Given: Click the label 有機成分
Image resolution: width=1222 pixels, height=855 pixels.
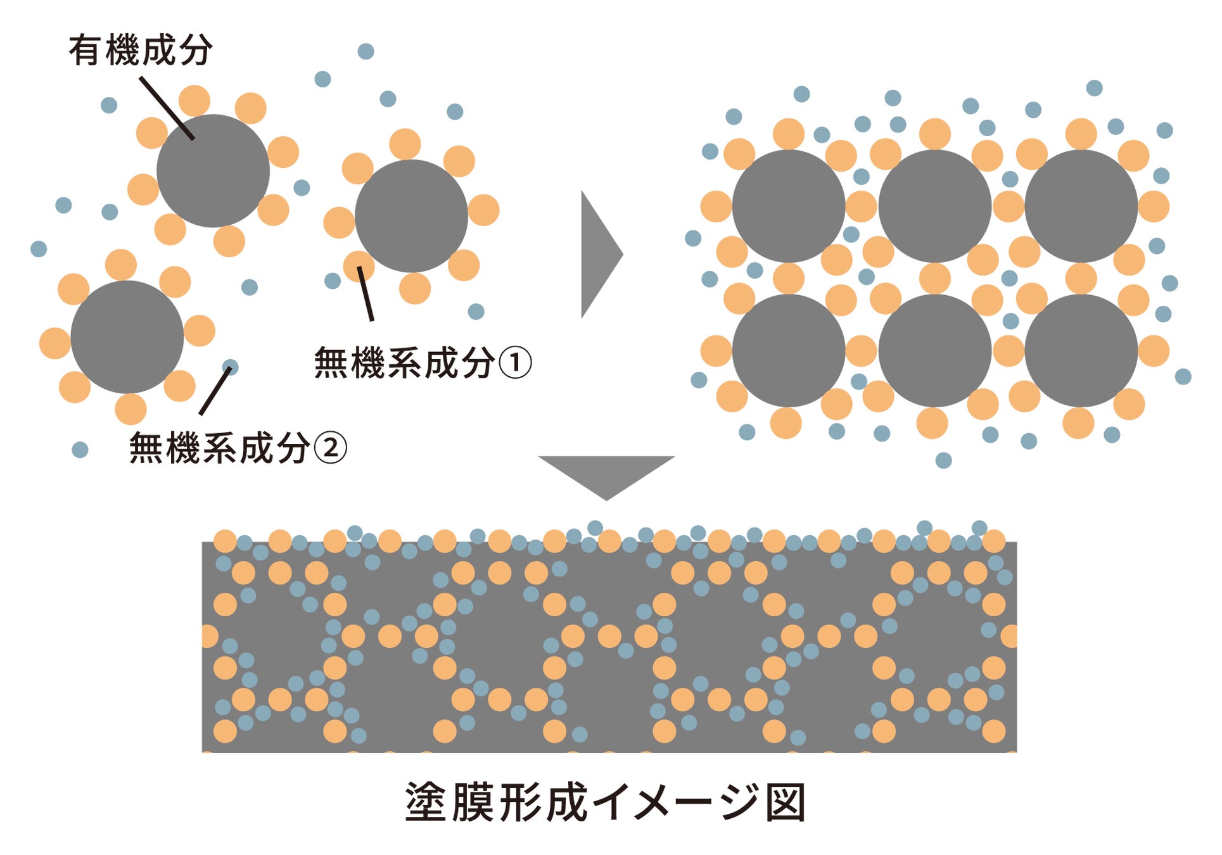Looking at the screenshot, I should [x=140, y=50].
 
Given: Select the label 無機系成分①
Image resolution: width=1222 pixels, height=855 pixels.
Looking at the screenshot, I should [x=422, y=363].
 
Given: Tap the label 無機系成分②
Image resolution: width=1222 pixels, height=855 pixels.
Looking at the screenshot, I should [x=238, y=448].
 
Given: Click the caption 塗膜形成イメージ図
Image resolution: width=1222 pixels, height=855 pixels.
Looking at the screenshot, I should [x=605, y=802].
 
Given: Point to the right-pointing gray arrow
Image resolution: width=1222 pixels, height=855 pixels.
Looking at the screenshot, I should [x=599, y=254].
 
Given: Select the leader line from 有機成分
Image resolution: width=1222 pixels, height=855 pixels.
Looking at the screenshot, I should [x=167, y=108].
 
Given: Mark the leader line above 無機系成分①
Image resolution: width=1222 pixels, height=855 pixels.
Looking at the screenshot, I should [x=366, y=293].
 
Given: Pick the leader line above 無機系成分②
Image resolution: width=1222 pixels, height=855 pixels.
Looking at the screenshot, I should [x=215, y=391].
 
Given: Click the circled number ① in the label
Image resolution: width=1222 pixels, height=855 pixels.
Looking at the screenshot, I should [x=515, y=363].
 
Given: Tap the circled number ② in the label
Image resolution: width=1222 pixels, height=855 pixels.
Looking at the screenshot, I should [x=331, y=448].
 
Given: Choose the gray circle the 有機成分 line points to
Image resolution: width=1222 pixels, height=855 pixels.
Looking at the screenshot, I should [x=213, y=171].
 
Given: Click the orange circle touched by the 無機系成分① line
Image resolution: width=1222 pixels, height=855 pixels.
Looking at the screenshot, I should [x=359, y=265].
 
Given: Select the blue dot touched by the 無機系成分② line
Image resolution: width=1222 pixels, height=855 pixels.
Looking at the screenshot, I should [x=230, y=367].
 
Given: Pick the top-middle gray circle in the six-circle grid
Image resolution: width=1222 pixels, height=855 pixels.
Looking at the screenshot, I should [x=934, y=206].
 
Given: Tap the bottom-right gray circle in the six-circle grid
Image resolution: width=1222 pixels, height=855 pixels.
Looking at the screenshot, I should [x=1081, y=350].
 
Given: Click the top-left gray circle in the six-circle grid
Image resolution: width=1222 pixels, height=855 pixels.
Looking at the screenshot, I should [x=788, y=206].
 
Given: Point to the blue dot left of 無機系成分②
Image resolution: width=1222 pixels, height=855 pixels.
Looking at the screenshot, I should [x=80, y=450].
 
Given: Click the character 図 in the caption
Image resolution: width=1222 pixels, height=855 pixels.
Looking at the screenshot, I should [x=786, y=802].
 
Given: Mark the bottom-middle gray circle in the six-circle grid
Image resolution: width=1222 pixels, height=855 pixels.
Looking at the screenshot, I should [x=934, y=350].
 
